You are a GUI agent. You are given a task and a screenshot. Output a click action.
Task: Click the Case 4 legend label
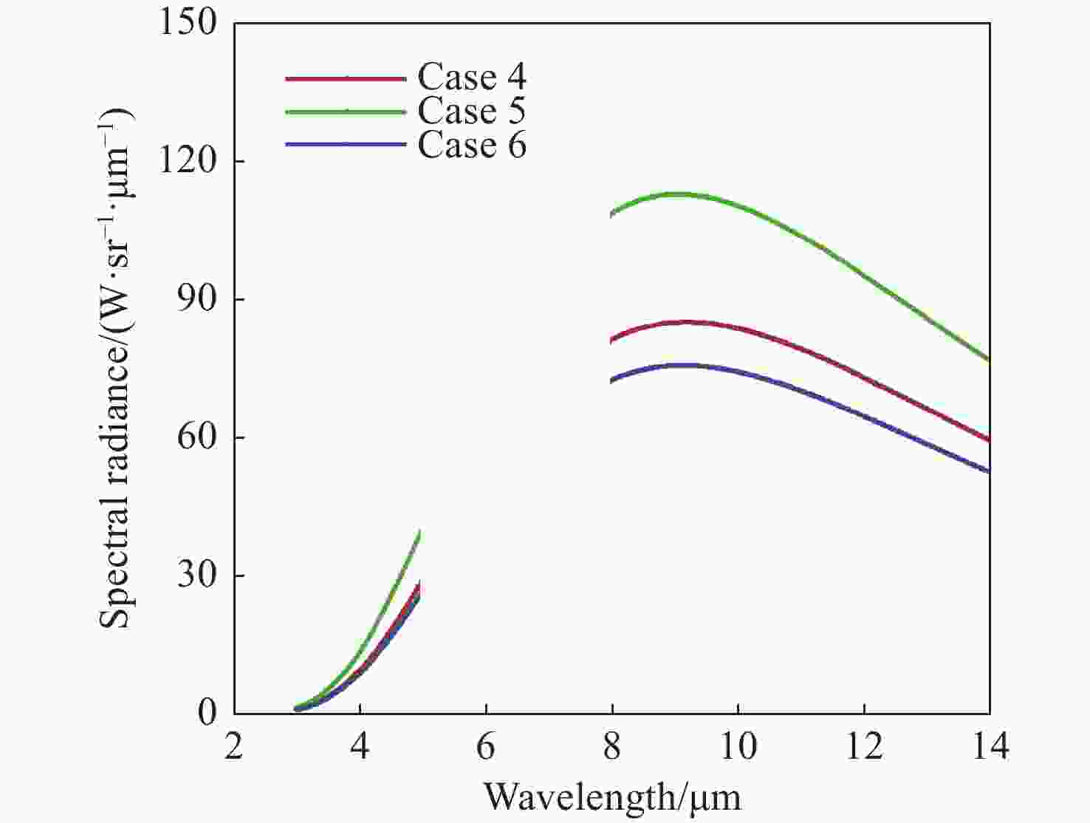[x=472, y=77]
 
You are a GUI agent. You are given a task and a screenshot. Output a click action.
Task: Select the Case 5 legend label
[x=472, y=111]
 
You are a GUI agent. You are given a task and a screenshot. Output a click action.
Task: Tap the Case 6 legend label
[x=472, y=145]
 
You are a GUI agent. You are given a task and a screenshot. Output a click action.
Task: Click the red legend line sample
[x=346, y=78]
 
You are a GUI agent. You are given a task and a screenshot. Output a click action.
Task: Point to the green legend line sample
[x=346, y=112]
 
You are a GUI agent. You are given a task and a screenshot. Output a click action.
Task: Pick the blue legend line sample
[x=346, y=144]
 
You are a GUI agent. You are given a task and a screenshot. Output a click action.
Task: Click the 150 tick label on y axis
[x=188, y=22]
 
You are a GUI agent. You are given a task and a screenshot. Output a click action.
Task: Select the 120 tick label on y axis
[x=188, y=160]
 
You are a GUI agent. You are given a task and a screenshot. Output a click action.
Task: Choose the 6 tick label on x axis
[x=486, y=748]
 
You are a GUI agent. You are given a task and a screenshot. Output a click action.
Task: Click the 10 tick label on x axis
[x=738, y=748]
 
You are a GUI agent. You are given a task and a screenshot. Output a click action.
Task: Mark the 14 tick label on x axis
[x=990, y=748]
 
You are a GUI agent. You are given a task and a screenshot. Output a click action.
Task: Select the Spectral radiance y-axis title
[x=117, y=367]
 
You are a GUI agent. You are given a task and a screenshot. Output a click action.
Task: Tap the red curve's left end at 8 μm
[x=612, y=341]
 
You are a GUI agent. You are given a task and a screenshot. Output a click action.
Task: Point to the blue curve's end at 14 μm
[x=988, y=471]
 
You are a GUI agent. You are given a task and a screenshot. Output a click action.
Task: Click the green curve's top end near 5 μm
[x=419, y=532]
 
